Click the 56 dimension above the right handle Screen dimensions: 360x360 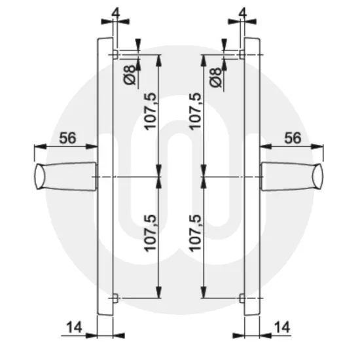tap(293, 138)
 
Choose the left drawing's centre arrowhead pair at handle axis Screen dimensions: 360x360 tap(159, 177)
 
